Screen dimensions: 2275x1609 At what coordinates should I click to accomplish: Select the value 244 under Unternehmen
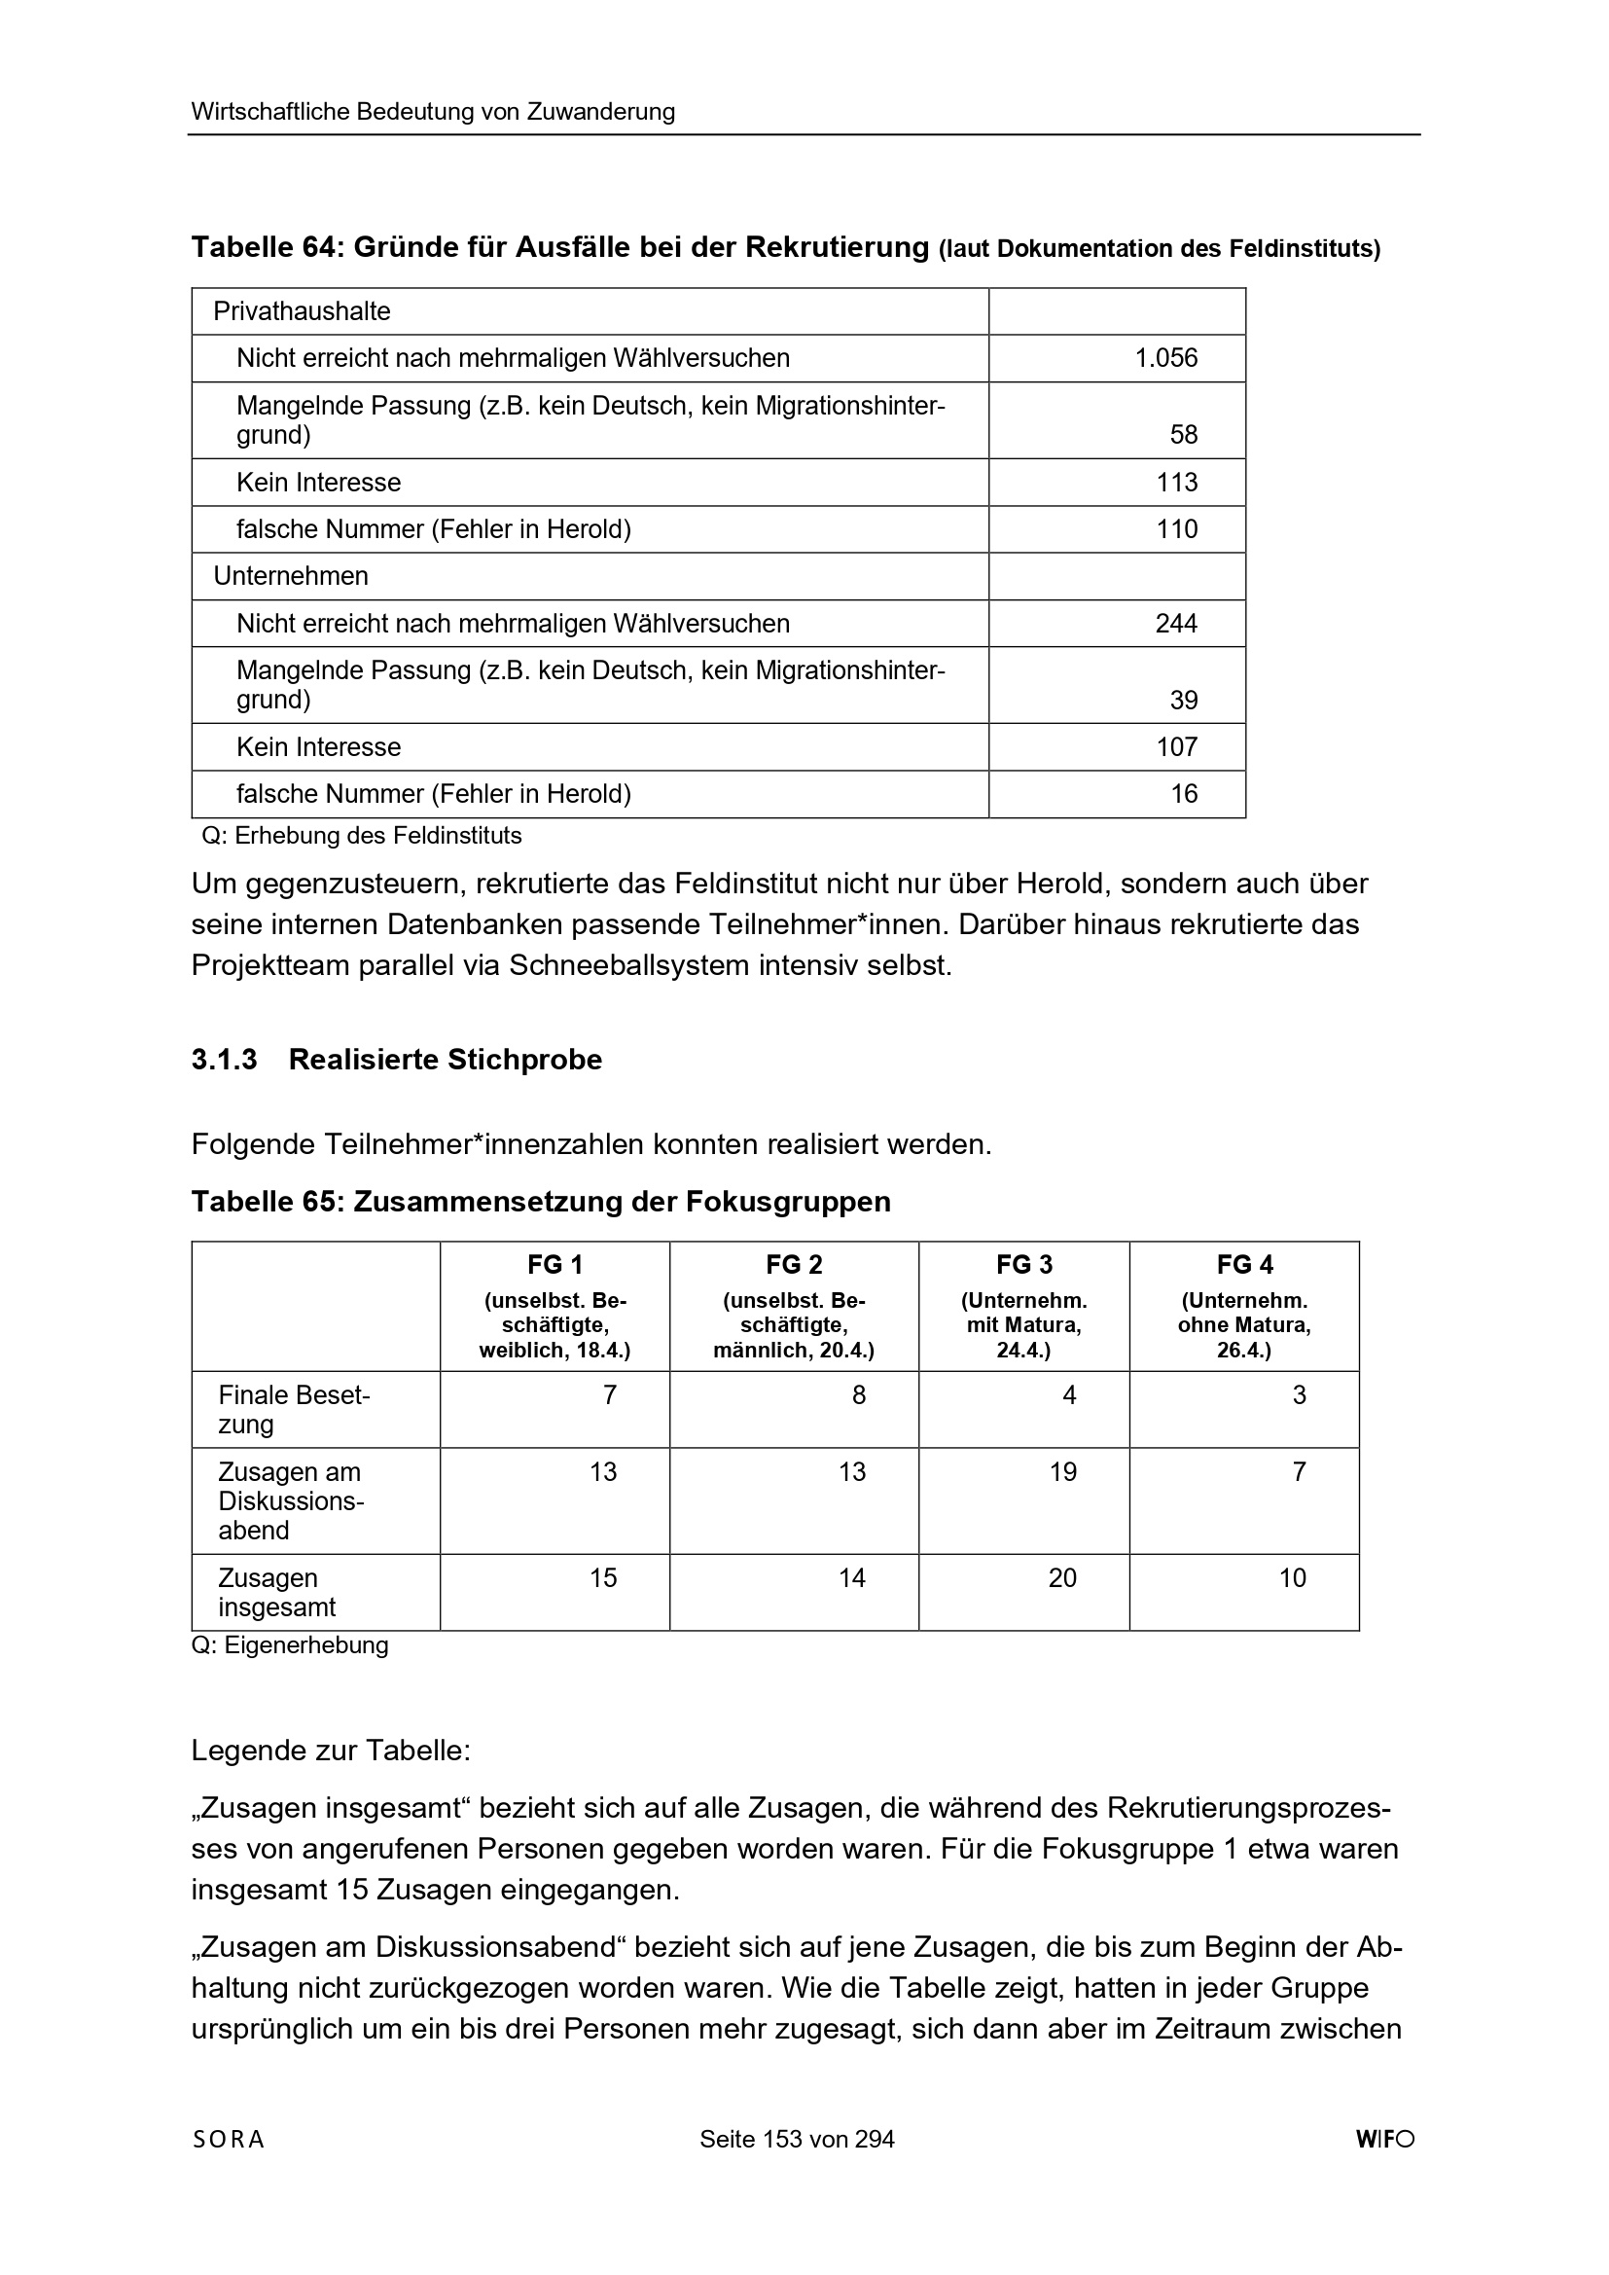[1176, 624]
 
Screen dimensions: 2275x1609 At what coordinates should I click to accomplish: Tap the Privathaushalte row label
[303, 311]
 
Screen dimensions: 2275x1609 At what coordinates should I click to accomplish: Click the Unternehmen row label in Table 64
[290, 576]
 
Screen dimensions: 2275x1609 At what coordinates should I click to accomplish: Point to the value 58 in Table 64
[1183, 434]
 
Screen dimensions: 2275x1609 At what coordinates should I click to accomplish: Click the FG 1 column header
[554, 1264]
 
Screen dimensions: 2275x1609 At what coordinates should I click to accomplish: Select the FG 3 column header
[1023, 1264]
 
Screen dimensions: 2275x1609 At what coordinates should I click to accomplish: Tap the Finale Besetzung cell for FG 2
[858, 1395]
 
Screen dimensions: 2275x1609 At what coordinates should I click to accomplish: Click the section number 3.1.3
[224, 1060]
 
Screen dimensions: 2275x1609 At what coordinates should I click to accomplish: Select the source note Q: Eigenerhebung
[289, 1644]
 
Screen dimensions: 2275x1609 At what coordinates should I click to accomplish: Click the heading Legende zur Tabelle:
[331, 1751]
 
